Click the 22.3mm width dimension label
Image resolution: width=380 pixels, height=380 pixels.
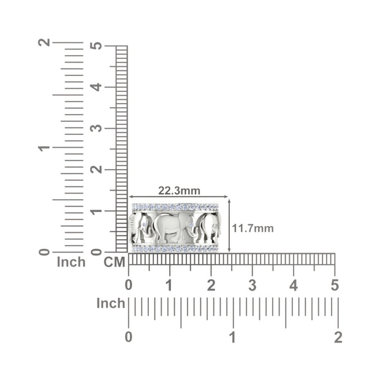click(180, 191)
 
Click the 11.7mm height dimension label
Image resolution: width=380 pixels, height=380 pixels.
click(253, 228)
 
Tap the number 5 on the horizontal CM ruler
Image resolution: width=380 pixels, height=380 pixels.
click(335, 285)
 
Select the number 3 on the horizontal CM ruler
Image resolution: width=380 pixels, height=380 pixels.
click(253, 285)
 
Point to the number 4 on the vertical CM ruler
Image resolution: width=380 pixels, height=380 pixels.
click(96, 87)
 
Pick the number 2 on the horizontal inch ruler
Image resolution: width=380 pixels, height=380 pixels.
click(338, 337)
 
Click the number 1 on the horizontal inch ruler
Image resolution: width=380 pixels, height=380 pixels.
click(233, 337)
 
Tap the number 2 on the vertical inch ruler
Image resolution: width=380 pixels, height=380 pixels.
click(44, 42)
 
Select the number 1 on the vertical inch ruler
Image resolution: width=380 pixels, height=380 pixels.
click(44, 148)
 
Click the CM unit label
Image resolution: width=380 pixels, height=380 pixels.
click(115, 262)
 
